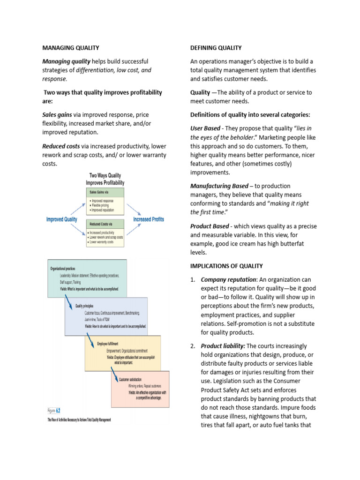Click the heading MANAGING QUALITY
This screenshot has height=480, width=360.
coord(71,48)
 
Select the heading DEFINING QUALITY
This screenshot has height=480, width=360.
coord(216,48)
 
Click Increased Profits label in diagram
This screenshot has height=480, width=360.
coord(149,219)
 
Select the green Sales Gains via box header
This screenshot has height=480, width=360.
coord(105,192)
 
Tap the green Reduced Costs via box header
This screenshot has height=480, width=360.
coord(105,224)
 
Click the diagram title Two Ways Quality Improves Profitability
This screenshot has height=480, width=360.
coord(105,179)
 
